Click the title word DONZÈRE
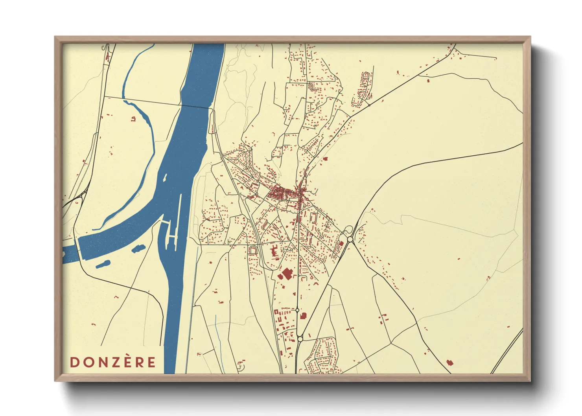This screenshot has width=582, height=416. [113, 362]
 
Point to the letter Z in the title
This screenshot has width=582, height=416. [113, 362]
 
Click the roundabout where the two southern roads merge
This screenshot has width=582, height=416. [300, 339]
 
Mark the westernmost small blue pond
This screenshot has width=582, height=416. [103, 264]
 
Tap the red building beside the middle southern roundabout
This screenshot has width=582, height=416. [303, 315]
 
